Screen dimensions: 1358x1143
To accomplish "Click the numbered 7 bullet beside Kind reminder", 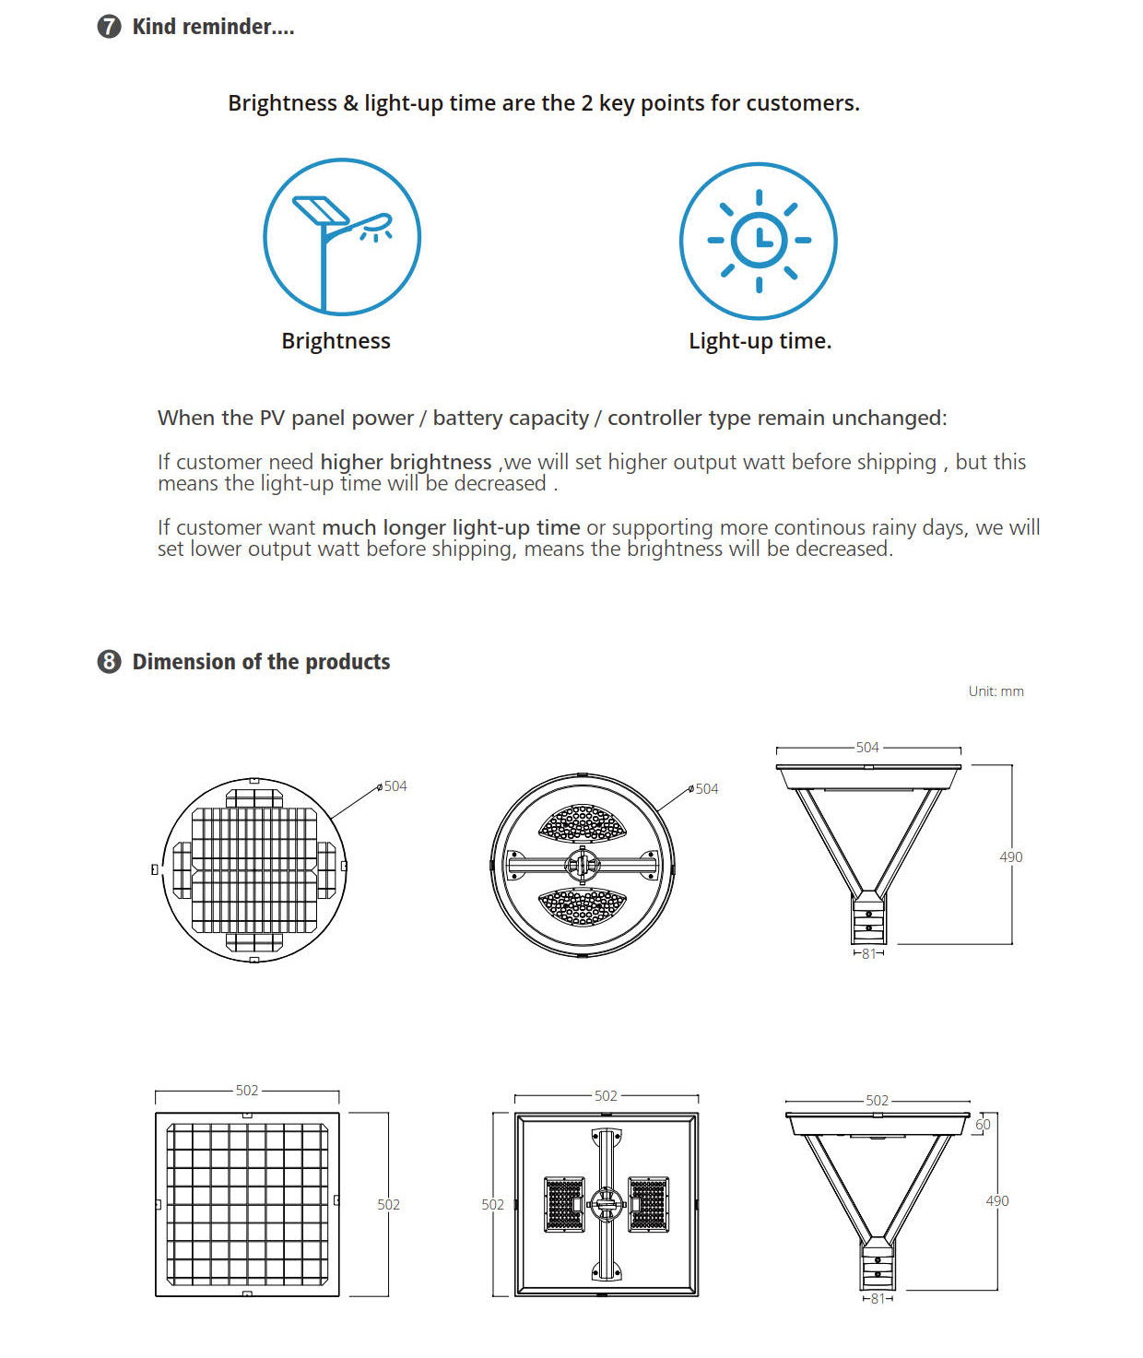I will pos(109,27).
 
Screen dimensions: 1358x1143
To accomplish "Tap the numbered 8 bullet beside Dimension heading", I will pos(109,662).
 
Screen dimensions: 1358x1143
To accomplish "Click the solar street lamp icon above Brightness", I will pos(342,237).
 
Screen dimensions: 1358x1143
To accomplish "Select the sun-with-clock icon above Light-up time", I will pos(758,241).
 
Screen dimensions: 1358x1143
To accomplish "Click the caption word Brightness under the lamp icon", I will pos(336,341).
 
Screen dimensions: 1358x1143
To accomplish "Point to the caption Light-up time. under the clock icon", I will pos(760,341).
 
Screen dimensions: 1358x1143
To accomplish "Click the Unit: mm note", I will pos(996,691).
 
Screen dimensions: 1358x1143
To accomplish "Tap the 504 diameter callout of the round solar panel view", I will pos(395,786).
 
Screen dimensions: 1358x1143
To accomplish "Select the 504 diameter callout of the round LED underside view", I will pos(706,789).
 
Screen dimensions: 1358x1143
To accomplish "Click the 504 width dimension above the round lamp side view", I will pos(867,748).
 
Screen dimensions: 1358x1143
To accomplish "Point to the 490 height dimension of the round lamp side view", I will pos(1011,857).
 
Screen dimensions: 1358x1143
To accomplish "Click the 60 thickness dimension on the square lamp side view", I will pos(984,1125).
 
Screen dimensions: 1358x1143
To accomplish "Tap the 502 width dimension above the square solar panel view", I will pos(247,1091).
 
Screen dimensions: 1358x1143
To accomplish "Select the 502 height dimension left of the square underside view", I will pos(492,1205).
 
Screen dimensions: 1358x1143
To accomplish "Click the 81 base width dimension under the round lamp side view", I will pos(868,954).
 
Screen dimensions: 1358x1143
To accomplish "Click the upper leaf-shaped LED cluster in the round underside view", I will pos(583,823).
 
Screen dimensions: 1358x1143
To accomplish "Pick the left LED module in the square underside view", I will pos(564,1204).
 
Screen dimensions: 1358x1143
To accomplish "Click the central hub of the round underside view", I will pos(583,865).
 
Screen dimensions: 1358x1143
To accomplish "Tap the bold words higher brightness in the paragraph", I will pos(406,462).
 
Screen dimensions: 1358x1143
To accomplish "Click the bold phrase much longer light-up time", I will pos(451,527).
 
